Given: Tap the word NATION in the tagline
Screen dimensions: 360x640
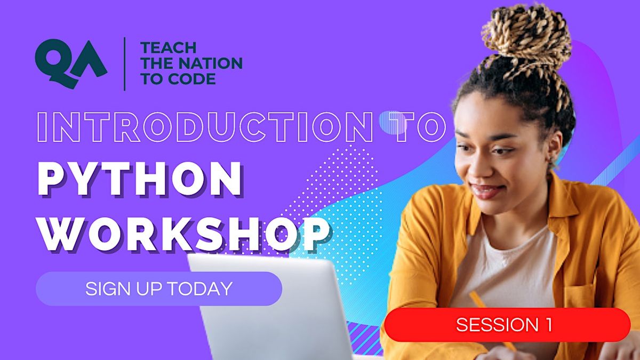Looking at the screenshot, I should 211,64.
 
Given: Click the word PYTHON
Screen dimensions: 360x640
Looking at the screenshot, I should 140,178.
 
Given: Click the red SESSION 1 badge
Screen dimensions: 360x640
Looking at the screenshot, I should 507,324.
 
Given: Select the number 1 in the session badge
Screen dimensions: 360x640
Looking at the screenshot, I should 548,324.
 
